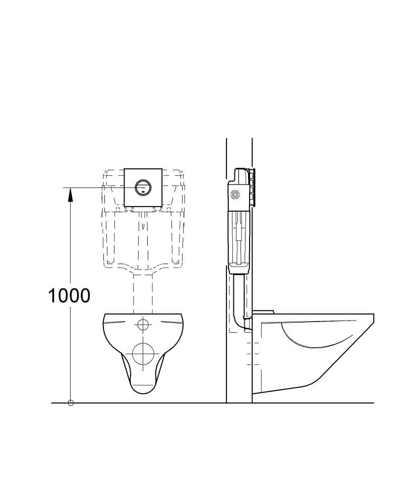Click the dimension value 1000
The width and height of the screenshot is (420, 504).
click(69, 295)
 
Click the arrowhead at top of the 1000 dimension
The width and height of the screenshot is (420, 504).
click(71, 194)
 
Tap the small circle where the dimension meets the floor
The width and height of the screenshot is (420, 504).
click(71, 403)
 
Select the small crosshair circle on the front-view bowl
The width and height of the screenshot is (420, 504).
click(143, 325)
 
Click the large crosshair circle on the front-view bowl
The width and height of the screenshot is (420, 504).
click(143, 353)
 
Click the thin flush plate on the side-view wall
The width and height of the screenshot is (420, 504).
click(254, 187)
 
